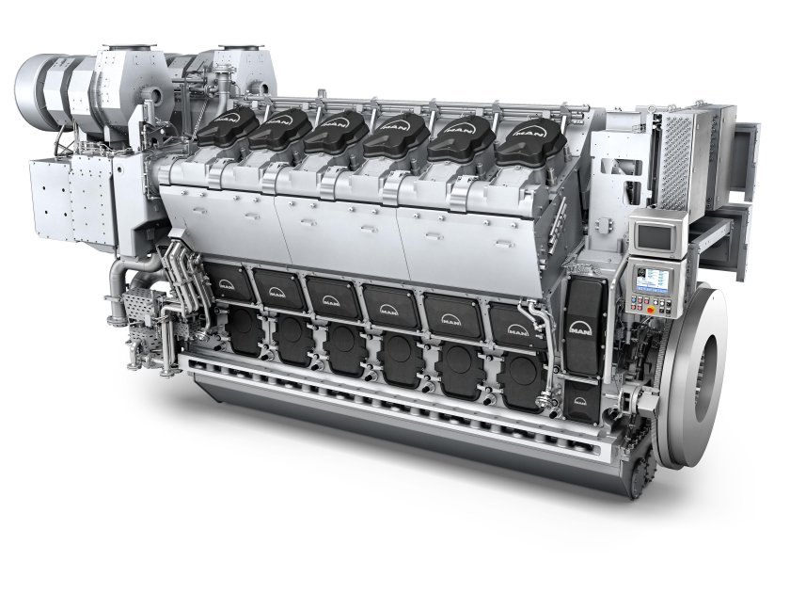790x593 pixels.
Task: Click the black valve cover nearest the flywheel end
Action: (x=519, y=140)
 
